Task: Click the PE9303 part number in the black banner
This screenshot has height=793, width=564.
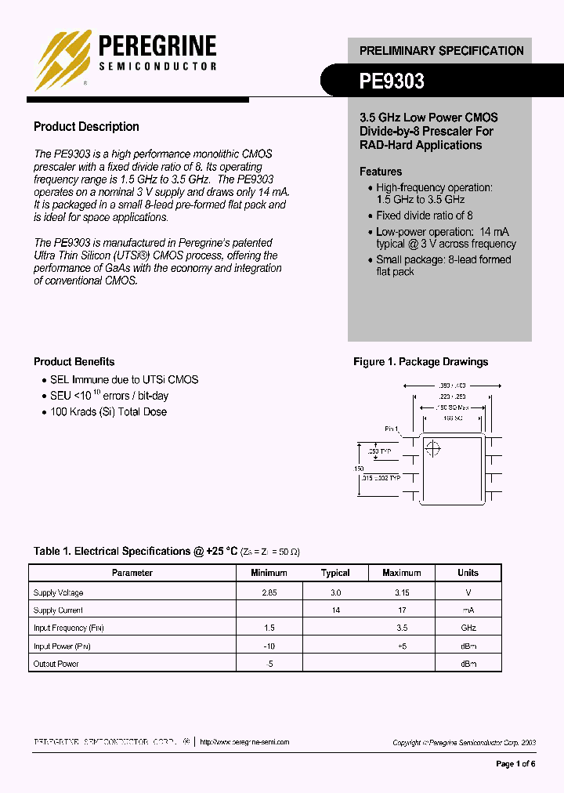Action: click(x=392, y=80)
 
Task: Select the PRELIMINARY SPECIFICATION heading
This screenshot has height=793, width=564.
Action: click(x=441, y=50)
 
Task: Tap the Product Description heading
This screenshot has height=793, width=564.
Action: click(x=86, y=127)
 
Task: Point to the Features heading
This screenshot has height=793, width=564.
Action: click(x=381, y=172)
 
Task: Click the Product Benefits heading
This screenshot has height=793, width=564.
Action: click(x=74, y=362)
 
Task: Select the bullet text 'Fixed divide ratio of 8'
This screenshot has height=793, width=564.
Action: click(x=425, y=215)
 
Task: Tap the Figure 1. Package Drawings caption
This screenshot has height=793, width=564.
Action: click(x=421, y=362)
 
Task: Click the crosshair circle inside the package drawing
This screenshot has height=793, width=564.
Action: click(x=432, y=448)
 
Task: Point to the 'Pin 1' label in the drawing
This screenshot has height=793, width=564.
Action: click(x=392, y=429)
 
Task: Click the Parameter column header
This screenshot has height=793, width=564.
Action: click(x=132, y=573)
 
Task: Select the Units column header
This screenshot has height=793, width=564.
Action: click(x=468, y=573)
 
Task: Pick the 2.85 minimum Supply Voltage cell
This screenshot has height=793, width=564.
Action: click(x=269, y=593)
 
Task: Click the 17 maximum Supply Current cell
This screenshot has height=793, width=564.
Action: click(x=402, y=610)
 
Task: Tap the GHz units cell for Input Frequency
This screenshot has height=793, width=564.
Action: click(x=468, y=628)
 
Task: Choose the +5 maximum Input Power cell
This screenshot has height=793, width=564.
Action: click(x=402, y=646)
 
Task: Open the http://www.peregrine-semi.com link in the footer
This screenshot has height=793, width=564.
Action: click(x=244, y=742)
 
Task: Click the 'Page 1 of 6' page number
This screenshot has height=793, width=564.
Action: click(x=515, y=764)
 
